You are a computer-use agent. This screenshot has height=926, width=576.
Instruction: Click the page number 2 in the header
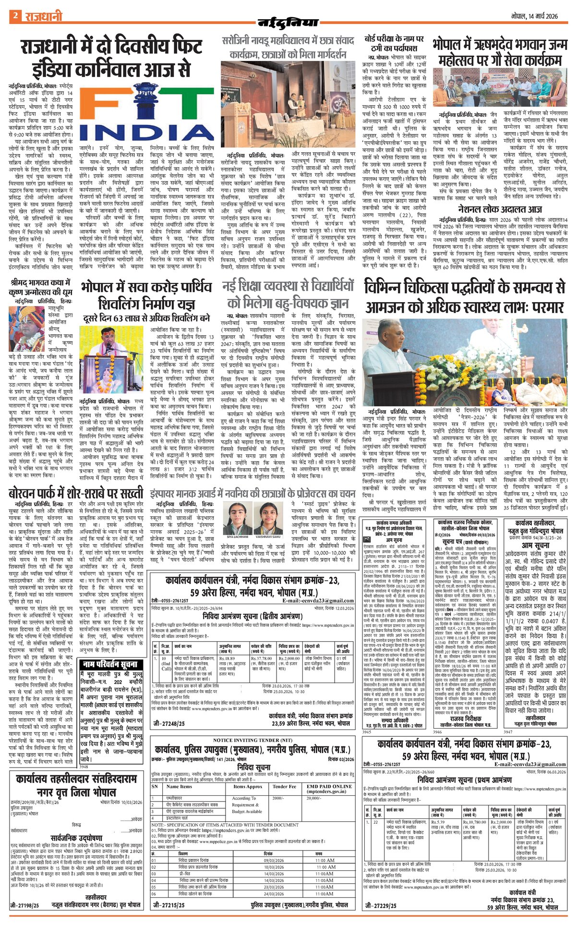tap(15, 16)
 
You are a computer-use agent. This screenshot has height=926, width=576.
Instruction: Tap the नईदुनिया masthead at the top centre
tap(288, 22)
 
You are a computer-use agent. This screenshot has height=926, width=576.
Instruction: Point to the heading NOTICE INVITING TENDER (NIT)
tap(252, 740)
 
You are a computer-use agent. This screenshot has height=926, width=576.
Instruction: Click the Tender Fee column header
tap(284, 787)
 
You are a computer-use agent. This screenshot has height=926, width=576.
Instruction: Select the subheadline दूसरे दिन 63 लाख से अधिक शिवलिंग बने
tap(146, 318)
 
